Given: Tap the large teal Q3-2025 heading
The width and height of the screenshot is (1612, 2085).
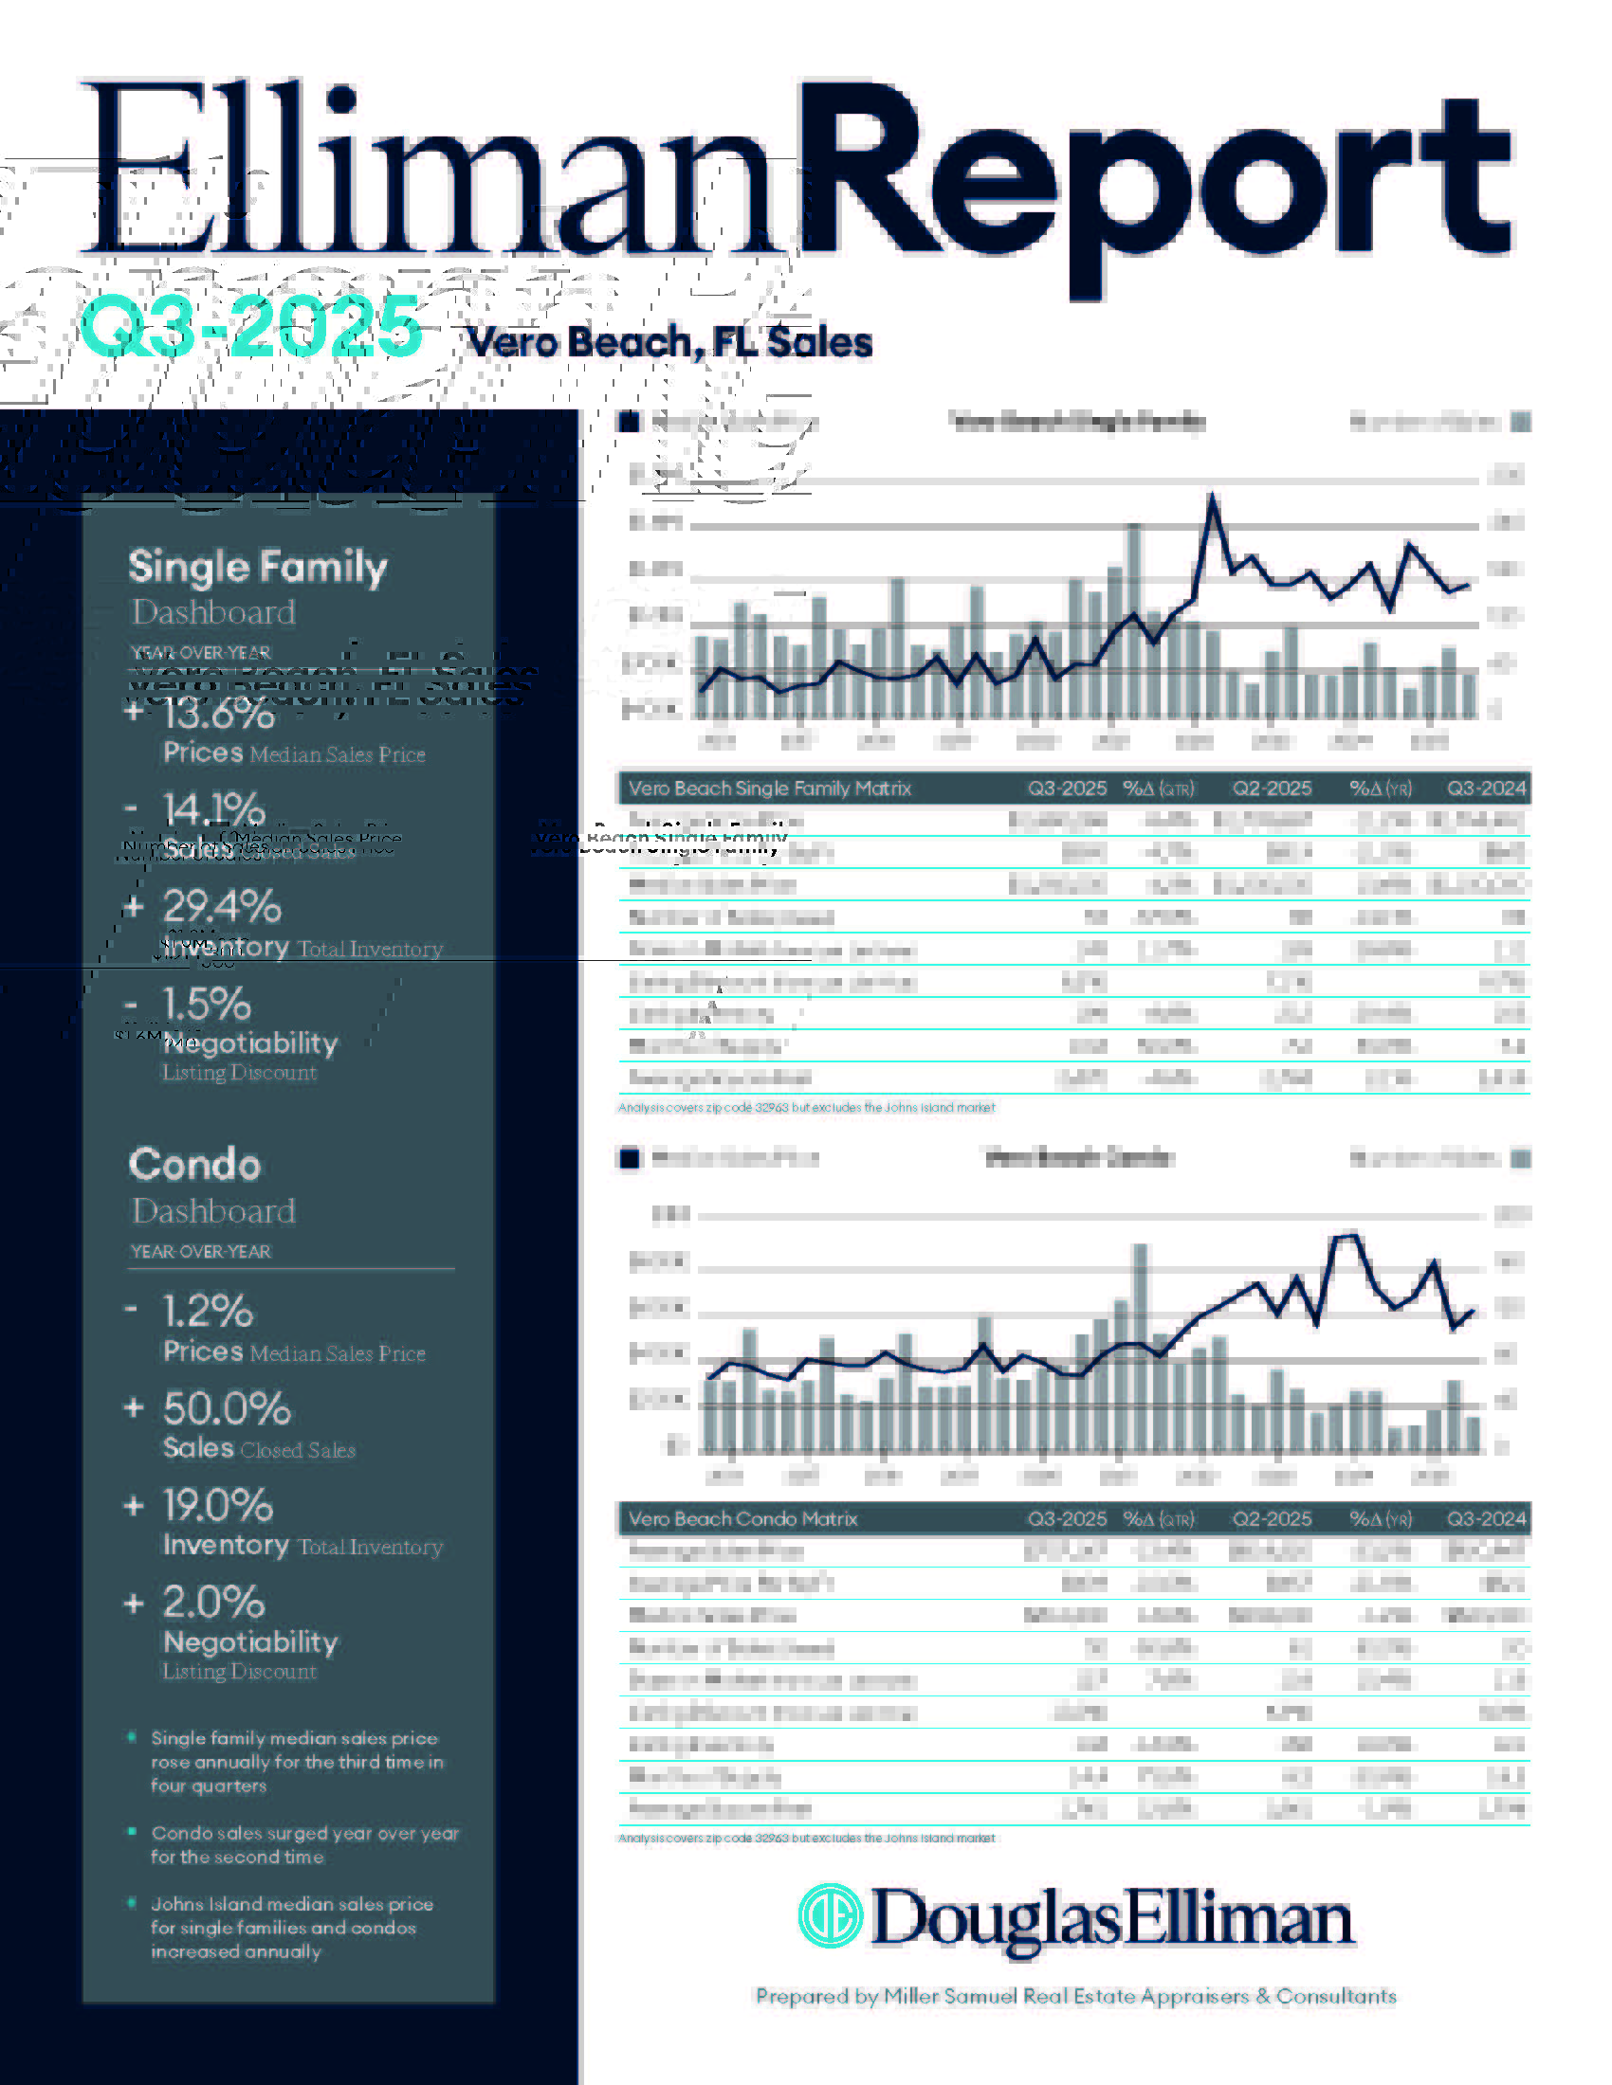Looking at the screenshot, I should pos(250,327).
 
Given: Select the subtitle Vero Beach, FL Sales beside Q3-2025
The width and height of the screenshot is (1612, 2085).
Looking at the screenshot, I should pos(669,342).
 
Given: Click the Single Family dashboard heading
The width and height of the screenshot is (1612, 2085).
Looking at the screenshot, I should pos(258,567).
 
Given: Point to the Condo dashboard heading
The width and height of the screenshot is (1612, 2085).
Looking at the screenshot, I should pos(194,1165).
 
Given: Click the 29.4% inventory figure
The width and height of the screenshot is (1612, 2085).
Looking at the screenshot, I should pos(222,907).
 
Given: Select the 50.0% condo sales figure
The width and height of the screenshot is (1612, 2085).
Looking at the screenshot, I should pos(227,1409).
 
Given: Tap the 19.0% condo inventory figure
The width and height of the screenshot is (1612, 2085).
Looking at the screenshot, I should pos(218,1506).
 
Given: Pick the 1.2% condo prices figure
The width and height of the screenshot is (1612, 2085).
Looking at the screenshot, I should pos(208,1312).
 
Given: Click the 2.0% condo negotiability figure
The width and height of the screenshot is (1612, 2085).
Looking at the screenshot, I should pos(213,1603).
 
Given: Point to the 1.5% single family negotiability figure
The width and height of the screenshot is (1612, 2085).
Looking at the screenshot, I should pos(207,1005).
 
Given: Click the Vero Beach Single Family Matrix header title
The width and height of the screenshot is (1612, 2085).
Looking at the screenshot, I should pos(770,789).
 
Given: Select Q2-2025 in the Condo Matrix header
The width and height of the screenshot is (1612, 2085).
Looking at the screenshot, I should pos(1271,1519).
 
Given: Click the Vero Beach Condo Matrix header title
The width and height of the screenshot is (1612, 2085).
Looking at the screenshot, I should pos(743,1519).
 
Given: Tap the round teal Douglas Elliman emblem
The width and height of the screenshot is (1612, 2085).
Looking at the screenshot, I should pos(830,1916).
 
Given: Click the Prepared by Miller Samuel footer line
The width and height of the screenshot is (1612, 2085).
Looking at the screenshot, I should pos(1075,1996).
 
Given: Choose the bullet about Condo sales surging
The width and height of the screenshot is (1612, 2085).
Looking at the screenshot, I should pos(304,1844).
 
